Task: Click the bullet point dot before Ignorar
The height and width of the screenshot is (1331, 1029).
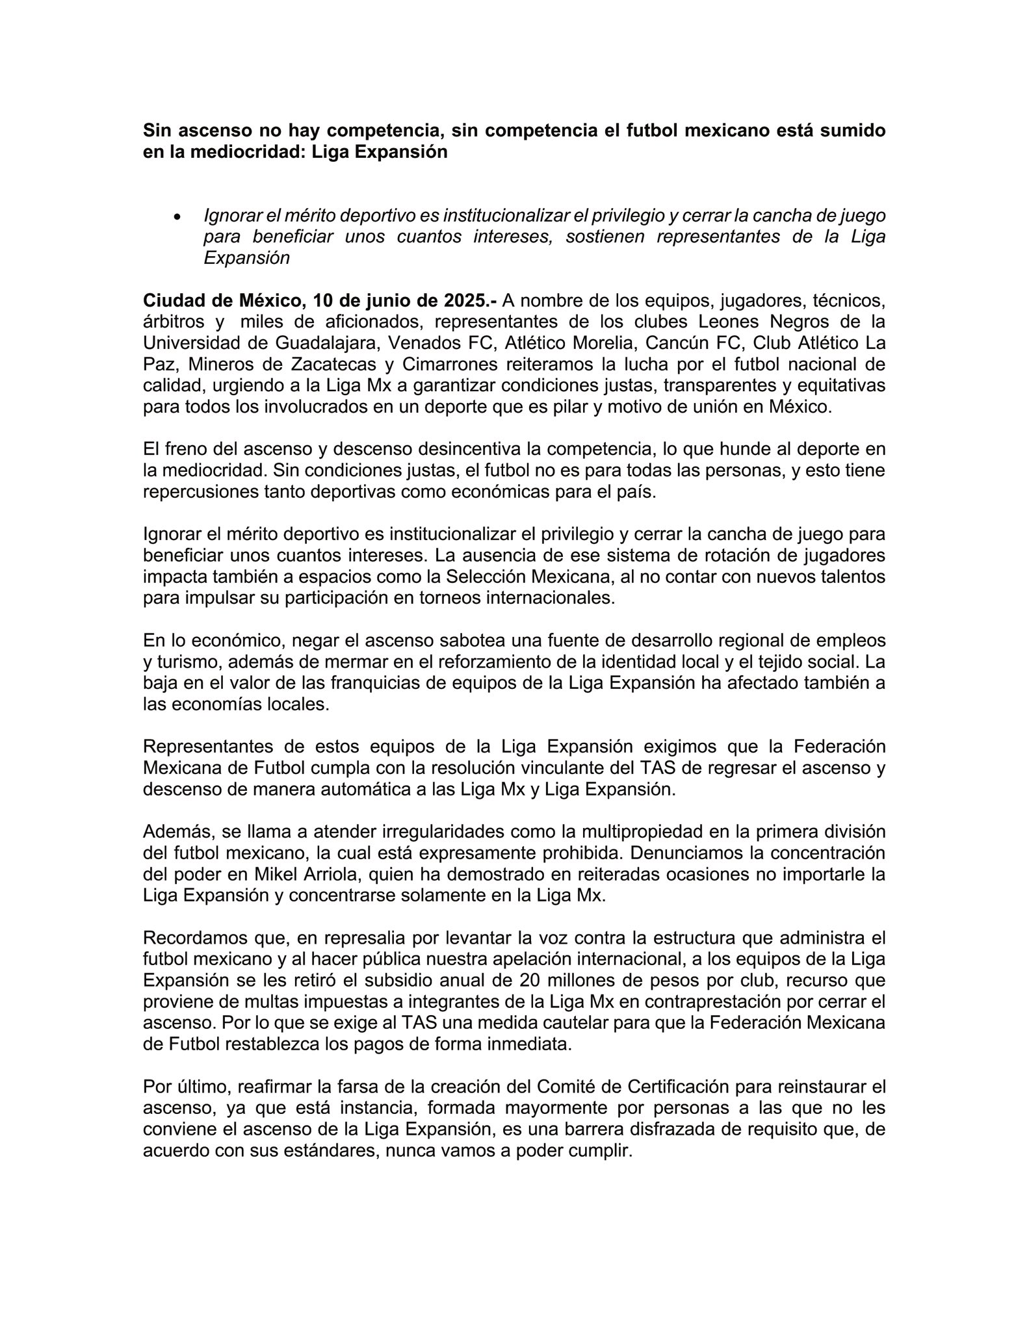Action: point(176,216)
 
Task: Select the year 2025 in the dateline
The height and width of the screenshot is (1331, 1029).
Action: point(464,301)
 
